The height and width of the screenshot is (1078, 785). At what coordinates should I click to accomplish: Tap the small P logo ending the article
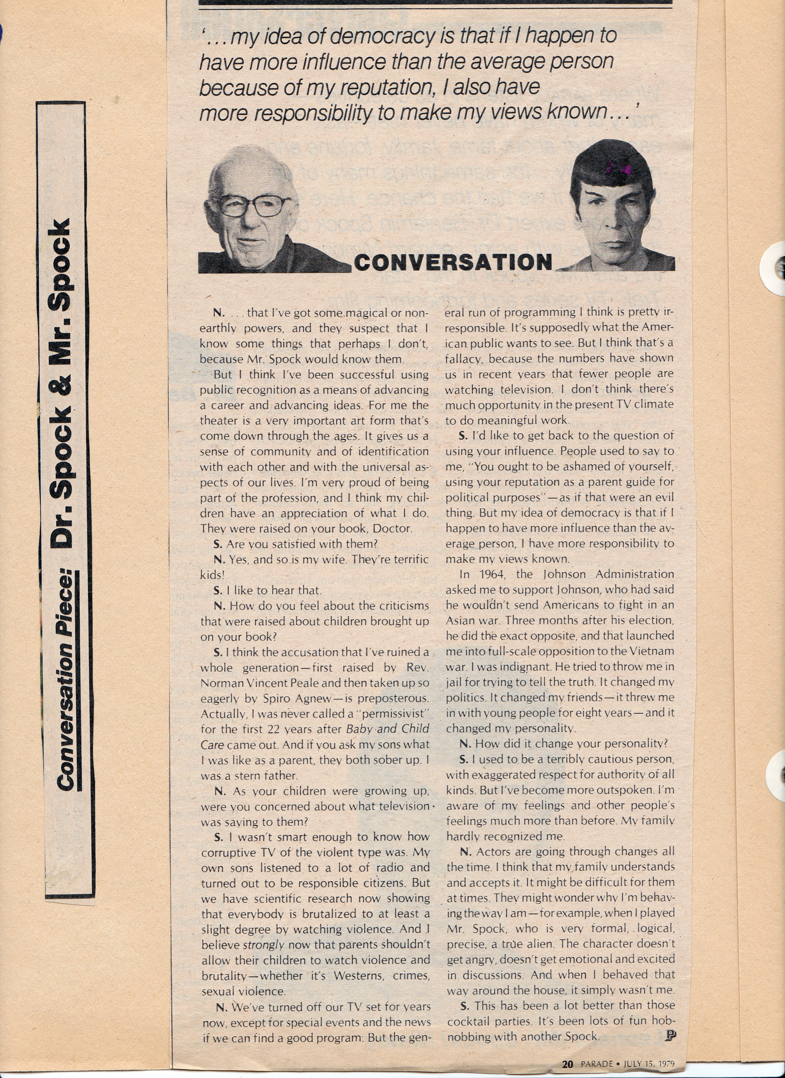(x=671, y=1035)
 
